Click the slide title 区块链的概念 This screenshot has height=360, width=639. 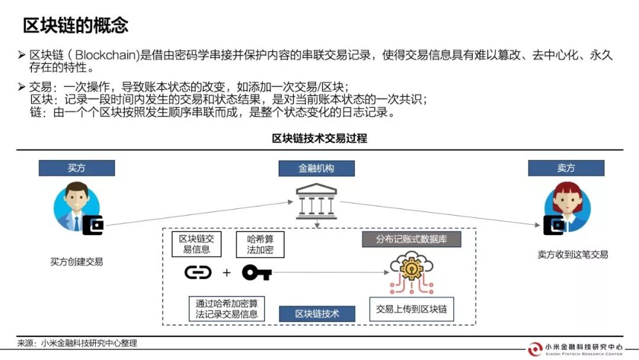(76, 25)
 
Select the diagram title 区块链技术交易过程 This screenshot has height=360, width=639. (319, 139)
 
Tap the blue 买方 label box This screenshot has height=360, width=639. (76, 168)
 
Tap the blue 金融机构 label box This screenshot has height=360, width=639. (317, 168)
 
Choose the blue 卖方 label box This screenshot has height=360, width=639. (566, 168)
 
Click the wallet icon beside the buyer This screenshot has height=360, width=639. (93, 225)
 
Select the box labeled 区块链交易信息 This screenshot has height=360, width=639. (196, 244)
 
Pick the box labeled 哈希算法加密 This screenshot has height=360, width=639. (260, 245)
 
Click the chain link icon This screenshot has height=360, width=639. (198, 272)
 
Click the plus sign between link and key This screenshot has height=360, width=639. (227, 272)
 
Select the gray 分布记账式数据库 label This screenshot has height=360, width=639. (412, 239)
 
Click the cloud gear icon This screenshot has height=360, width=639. (411, 272)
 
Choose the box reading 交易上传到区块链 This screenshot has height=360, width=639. (412, 309)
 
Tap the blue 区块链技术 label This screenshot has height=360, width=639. (317, 314)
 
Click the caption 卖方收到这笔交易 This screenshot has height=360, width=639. (573, 255)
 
